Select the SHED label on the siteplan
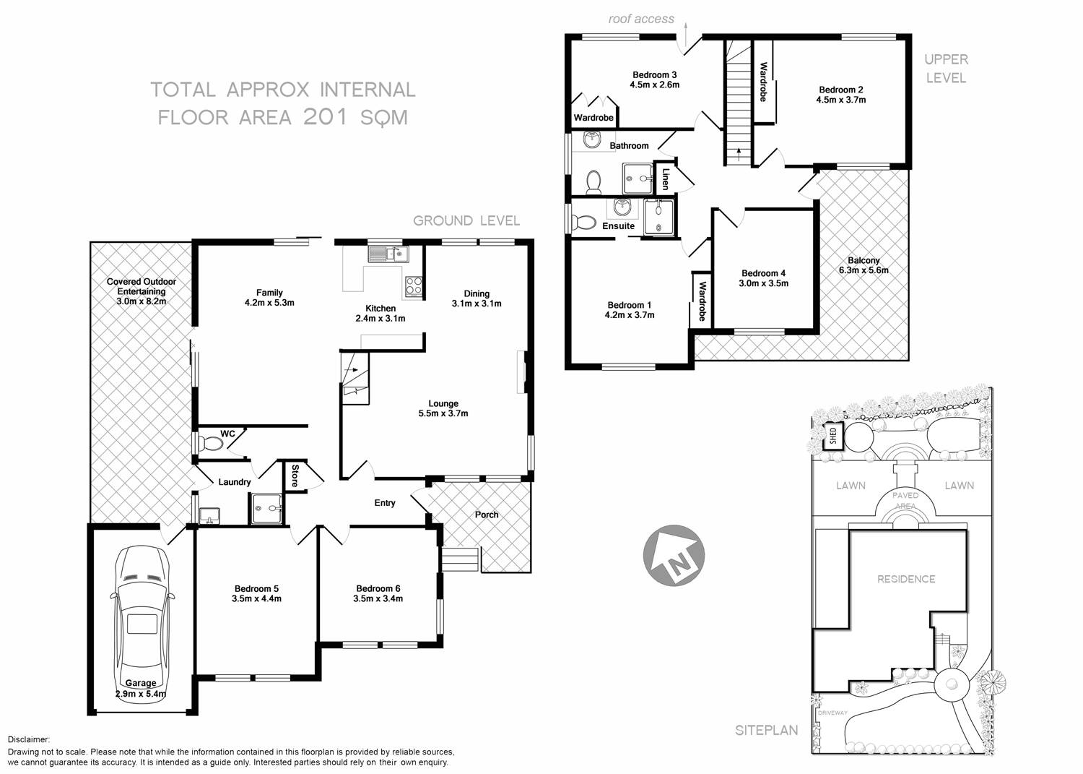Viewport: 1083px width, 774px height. (833, 436)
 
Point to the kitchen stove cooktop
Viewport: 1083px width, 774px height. (413, 286)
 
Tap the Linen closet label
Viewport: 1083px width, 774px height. (666, 179)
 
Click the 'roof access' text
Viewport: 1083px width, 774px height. (641, 20)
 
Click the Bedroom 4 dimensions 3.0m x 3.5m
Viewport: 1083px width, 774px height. (763, 283)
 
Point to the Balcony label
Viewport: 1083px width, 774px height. (864, 260)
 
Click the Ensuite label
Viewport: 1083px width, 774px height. (619, 226)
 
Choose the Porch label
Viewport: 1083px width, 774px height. (487, 515)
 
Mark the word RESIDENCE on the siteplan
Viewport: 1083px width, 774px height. (906, 579)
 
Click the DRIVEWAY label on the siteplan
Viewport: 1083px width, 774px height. (832, 713)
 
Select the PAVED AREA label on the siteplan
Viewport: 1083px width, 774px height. (905, 500)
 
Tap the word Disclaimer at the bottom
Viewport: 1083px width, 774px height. (29, 740)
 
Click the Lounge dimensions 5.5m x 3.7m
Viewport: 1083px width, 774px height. (443, 413)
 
